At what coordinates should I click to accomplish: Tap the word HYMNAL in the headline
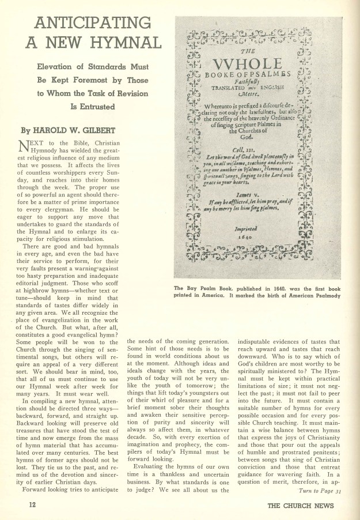(123, 44)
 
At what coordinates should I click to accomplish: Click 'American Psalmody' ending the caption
(314, 296)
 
